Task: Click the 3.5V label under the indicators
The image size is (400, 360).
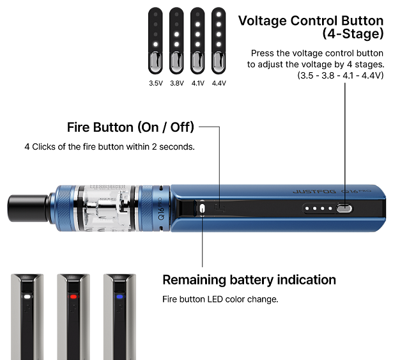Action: click(x=155, y=83)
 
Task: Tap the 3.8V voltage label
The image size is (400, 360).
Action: click(x=176, y=83)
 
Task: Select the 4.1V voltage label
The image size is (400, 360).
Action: click(x=197, y=83)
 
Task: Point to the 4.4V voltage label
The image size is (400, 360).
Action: click(x=219, y=83)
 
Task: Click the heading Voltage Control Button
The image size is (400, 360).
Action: click(x=311, y=20)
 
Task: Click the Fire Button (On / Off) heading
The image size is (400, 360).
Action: click(x=130, y=126)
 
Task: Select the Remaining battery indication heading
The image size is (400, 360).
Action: click(x=249, y=279)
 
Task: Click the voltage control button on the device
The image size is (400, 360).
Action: click(x=344, y=208)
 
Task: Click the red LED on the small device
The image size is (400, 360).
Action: click(x=73, y=297)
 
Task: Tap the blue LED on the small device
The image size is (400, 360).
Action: click(x=119, y=297)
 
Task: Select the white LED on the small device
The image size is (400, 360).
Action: click(x=27, y=297)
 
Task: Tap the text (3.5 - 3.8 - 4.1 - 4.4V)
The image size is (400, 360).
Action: click(x=340, y=75)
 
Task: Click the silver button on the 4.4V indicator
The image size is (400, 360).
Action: click(x=219, y=61)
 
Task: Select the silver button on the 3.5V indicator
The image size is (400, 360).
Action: click(x=155, y=61)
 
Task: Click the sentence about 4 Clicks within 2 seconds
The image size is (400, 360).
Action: click(x=109, y=146)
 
